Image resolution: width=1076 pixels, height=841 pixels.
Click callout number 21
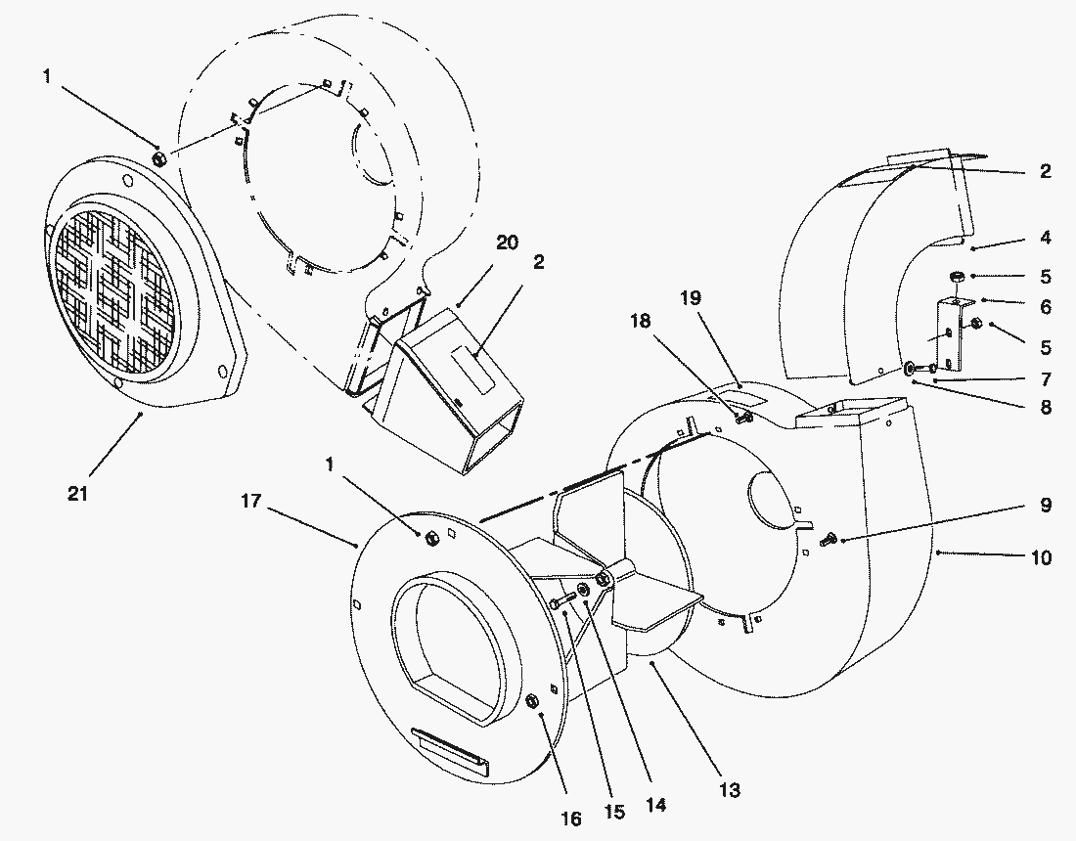(78, 494)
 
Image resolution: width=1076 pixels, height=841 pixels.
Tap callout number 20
(507, 243)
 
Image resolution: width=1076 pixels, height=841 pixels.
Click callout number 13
(730, 790)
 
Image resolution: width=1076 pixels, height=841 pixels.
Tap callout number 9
(1046, 506)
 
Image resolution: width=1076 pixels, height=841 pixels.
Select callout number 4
(1046, 238)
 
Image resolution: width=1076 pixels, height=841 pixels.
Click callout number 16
(572, 819)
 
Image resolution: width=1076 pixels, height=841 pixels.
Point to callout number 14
(655, 805)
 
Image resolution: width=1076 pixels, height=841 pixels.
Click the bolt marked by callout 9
(828, 537)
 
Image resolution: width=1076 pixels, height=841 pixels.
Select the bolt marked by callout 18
(744, 419)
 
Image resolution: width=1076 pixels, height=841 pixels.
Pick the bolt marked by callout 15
(560, 603)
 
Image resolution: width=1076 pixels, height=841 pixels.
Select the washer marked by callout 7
(911, 368)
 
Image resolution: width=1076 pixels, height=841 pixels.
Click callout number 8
(1046, 409)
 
